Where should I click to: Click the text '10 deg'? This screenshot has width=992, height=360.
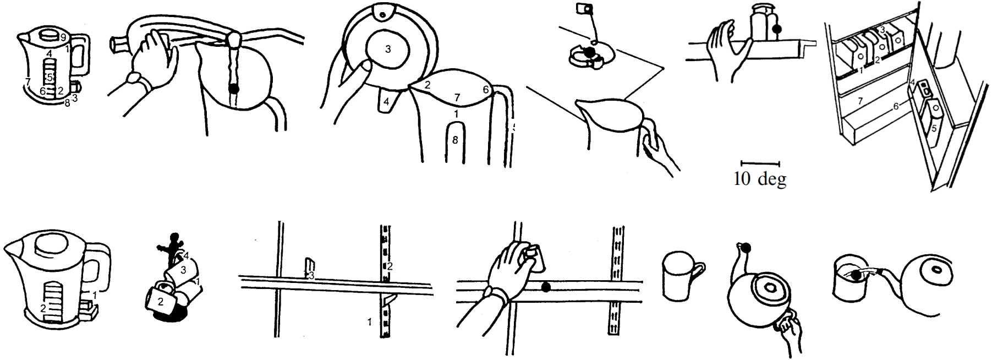coord(759,179)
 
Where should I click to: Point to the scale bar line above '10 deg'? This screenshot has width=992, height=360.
coord(760,163)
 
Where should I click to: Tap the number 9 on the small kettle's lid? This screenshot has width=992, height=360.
coord(63,37)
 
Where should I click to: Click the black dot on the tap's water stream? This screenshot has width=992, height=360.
coord(234,88)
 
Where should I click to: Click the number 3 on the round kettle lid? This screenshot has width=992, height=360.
coord(388,50)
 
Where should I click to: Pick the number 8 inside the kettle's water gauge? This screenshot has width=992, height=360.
coord(455,140)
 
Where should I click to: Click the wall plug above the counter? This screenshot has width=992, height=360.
coord(583,8)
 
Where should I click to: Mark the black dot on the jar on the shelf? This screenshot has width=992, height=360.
coord(777,29)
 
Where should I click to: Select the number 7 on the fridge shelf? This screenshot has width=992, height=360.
coord(861,101)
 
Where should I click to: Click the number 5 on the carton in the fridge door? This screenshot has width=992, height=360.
coord(934,128)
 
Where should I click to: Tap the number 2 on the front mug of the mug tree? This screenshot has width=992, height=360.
coord(160,302)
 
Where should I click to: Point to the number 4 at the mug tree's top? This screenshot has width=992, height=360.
coord(186,256)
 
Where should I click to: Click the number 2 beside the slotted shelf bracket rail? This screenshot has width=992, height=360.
coord(390,266)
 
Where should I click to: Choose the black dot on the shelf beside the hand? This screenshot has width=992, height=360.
coord(545,287)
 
